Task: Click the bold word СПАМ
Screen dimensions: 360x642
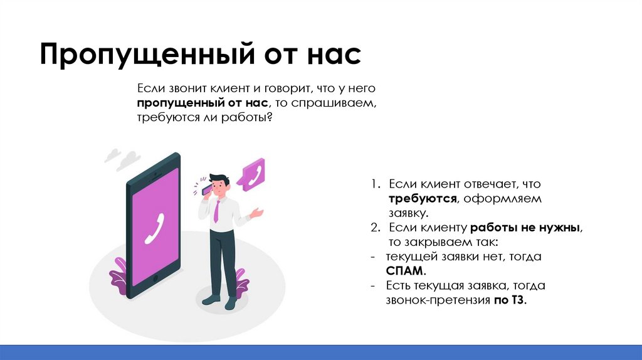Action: [x=407, y=271]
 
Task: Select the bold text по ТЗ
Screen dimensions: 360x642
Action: [x=510, y=300]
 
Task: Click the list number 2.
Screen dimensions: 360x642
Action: [x=374, y=228]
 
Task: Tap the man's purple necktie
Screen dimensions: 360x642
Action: [x=216, y=210]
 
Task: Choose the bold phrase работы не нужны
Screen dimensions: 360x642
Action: [x=525, y=228]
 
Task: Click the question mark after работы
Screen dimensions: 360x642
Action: [x=269, y=117]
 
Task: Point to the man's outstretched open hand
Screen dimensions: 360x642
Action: [x=258, y=213]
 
